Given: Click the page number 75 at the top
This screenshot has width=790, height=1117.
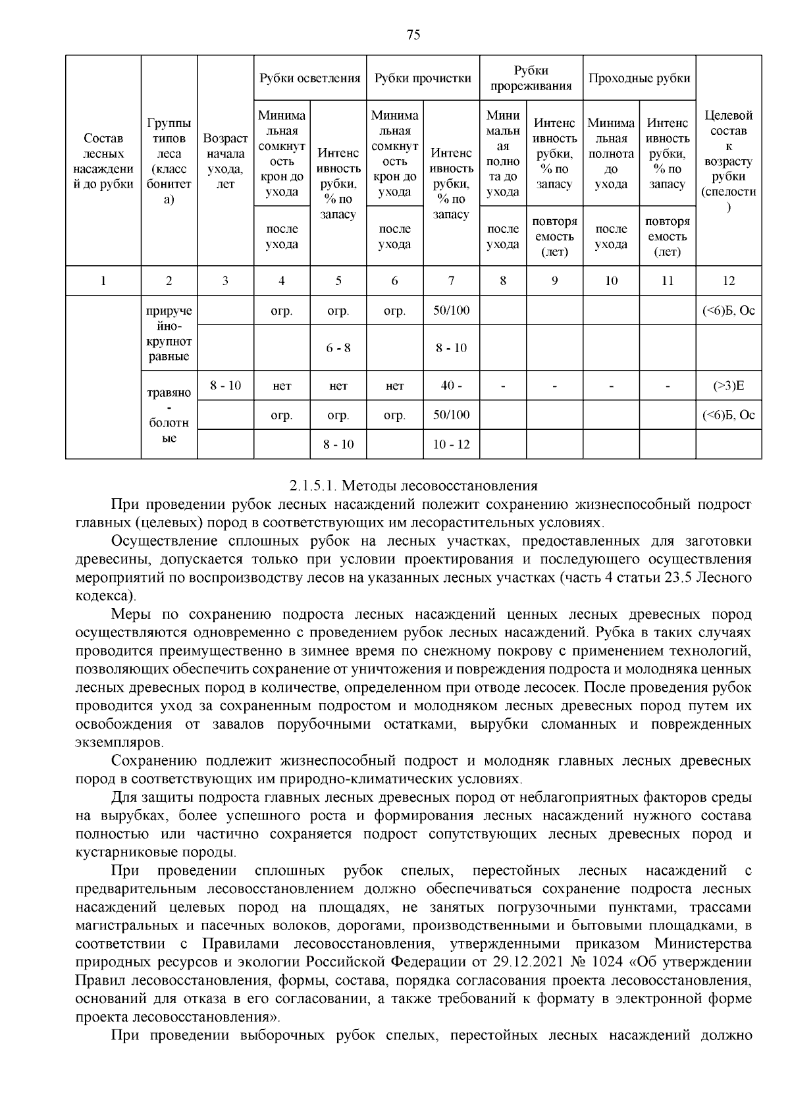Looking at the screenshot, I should point(413,36).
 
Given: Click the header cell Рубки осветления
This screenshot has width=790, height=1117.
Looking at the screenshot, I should point(309,78).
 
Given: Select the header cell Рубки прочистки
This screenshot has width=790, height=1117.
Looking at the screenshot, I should point(423,78).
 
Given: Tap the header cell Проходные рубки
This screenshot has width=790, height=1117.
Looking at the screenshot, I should point(639,78).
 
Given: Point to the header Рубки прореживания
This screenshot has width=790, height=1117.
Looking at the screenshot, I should point(531,78).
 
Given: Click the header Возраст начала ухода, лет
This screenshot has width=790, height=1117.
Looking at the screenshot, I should point(225,161).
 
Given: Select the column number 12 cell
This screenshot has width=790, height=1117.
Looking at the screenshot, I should point(728,281).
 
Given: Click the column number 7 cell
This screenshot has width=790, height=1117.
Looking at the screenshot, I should point(451,281).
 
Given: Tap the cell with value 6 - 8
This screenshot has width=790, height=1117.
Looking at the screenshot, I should point(338,348).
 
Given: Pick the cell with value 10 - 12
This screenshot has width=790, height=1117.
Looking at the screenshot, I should point(451,444).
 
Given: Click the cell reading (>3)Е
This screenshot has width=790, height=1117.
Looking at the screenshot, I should point(728,386).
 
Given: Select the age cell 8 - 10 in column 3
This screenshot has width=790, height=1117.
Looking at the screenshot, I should point(225,386).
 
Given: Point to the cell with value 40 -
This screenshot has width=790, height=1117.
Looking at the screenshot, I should point(451,386).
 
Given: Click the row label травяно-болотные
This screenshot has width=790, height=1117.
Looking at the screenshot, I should point(169,415).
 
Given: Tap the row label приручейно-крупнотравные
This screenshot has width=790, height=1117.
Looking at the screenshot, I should point(169,334).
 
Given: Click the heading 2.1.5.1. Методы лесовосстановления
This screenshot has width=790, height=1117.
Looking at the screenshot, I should point(413,486).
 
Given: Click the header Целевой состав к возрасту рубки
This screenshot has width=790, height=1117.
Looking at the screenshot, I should point(728,161).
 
